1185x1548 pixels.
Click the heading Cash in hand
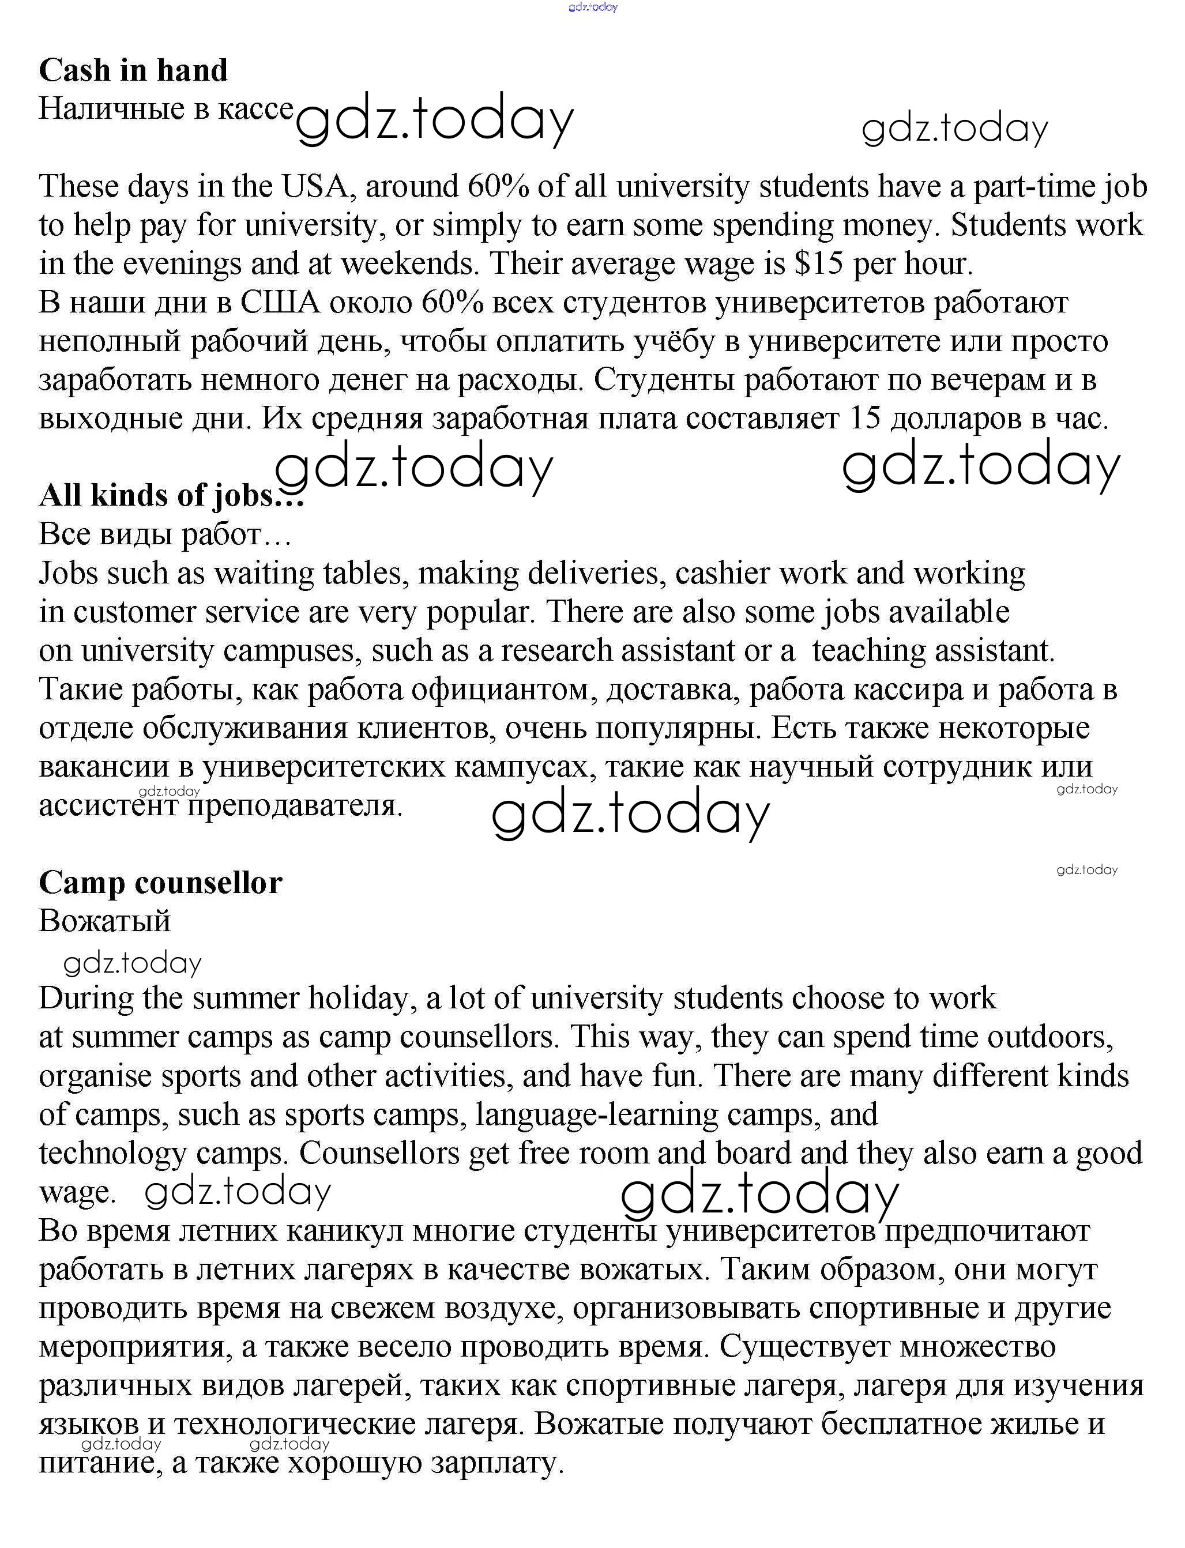pos(133,70)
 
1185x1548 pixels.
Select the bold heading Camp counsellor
pos(160,882)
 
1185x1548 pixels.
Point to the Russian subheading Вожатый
pos(104,921)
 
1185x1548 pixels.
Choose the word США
pos(280,303)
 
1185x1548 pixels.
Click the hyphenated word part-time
pos(1033,186)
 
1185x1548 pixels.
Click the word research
pos(556,651)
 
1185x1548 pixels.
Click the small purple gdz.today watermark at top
pos(593,7)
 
